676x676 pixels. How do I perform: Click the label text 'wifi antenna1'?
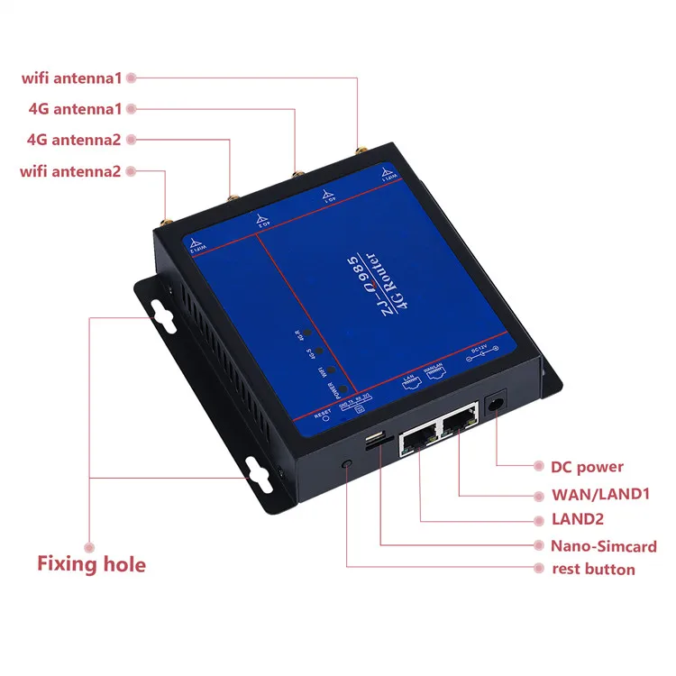(71, 78)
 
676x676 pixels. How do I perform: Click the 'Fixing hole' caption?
(91, 565)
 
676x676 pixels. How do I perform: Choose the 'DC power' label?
(587, 467)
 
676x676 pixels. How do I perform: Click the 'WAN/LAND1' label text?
(599, 493)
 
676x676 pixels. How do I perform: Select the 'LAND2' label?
(577, 519)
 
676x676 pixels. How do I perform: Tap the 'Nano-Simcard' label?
(603, 545)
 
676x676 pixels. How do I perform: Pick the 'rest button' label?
(593, 570)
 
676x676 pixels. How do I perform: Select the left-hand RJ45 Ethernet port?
(419, 438)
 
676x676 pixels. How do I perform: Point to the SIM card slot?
(372, 443)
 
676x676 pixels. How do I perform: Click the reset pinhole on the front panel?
(348, 463)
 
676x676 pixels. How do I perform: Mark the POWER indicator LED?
(333, 384)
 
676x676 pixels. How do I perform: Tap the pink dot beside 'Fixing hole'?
(89, 546)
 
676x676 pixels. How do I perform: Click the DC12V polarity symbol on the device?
(482, 358)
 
